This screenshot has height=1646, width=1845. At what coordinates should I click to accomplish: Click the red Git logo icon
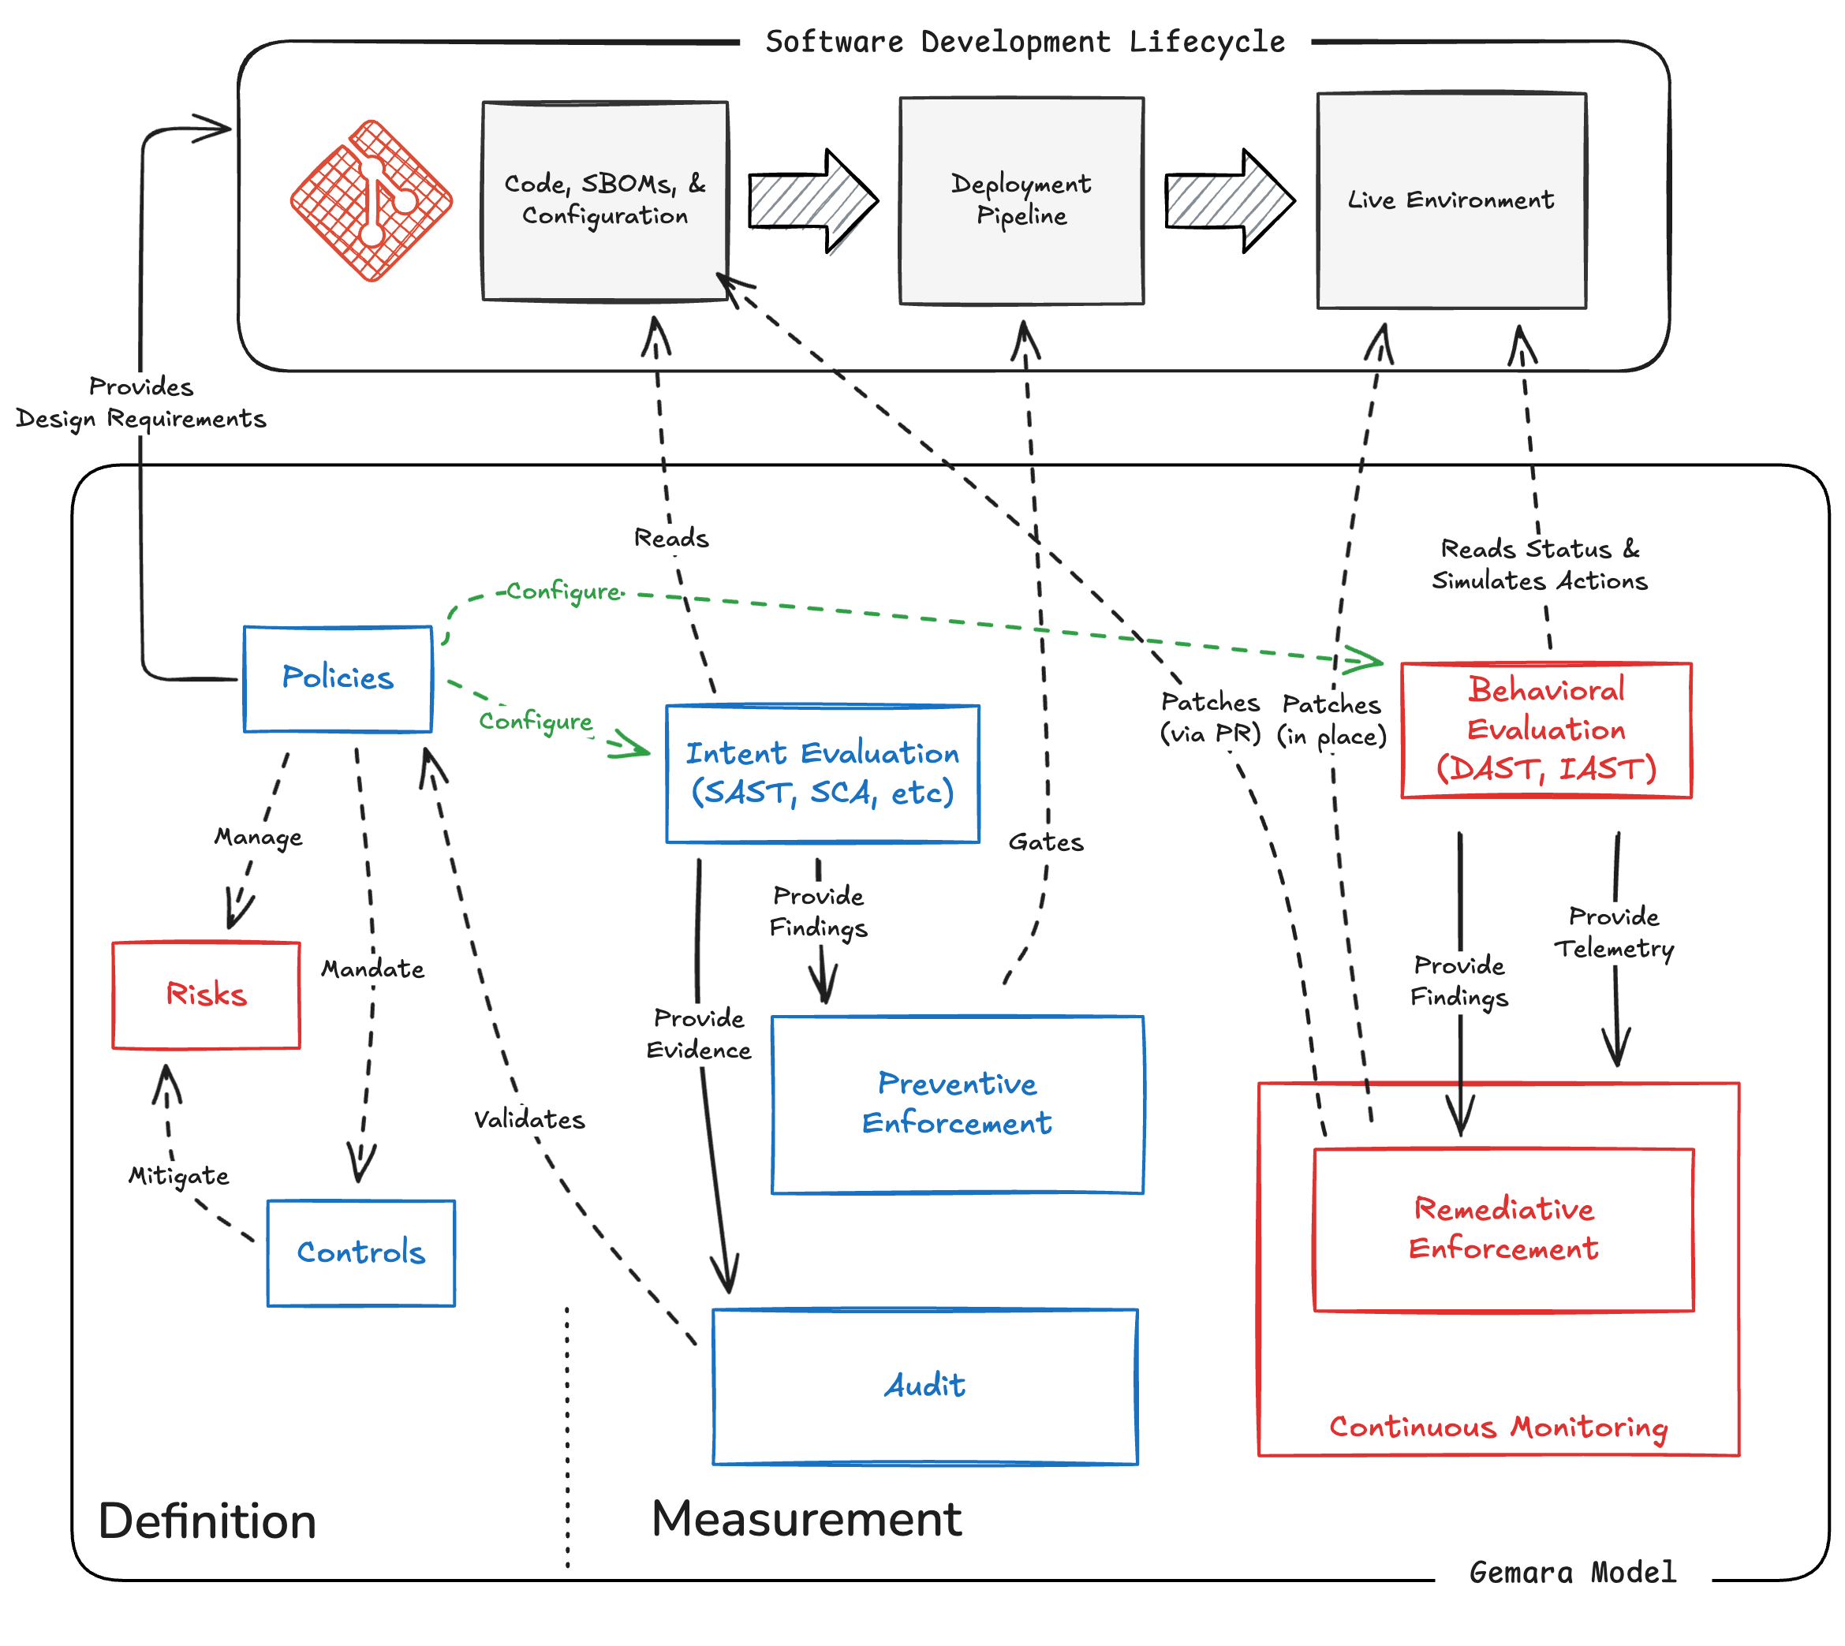tap(371, 201)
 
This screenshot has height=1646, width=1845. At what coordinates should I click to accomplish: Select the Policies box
tap(338, 678)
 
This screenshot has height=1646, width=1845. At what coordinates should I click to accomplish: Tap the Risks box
tap(206, 995)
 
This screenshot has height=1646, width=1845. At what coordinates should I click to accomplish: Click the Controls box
tap(360, 1252)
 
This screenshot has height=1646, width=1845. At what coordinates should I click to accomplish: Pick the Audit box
tap(924, 1386)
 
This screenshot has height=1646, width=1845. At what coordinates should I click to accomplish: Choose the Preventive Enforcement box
tap(957, 1104)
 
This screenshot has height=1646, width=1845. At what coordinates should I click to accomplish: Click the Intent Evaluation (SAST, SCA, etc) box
tap(822, 773)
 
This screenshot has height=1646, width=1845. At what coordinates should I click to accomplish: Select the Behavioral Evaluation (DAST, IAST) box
tap(1545, 730)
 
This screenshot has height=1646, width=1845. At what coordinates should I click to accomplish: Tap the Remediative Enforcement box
tap(1503, 1229)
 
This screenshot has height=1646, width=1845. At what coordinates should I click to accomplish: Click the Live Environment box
tap(1451, 200)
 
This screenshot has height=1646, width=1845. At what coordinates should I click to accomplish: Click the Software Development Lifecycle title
tap(1025, 43)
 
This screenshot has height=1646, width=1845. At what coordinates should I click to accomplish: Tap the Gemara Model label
tap(1573, 1572)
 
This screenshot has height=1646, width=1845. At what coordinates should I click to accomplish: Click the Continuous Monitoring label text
tap(1499, 1427)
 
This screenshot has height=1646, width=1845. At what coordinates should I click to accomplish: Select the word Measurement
tap(806, 1519)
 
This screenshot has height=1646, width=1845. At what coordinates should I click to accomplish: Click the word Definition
tap(207, 1521)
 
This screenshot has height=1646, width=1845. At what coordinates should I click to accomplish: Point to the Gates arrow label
tap(1045, 843)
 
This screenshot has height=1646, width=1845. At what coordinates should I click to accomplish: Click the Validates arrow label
tap(529, 1120)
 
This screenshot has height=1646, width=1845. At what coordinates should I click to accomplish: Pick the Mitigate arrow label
tap(178, 1176)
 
